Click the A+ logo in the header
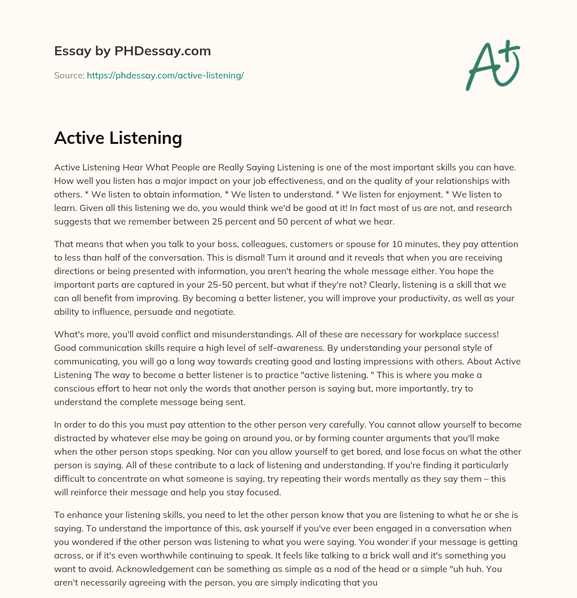point(492,65)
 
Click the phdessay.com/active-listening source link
point(165,75)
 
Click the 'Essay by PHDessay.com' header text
point(132,51)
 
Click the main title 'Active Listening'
point(118,138)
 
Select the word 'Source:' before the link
point(69,75)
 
